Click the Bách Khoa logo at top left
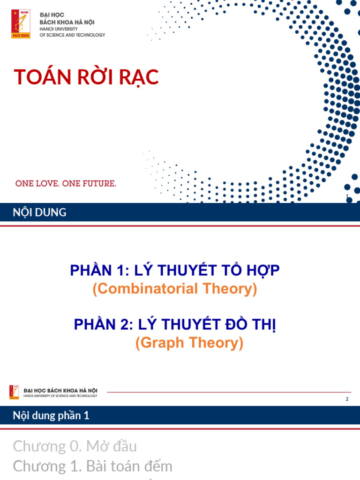click(21, 24)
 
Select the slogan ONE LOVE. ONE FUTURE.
click(66, 184)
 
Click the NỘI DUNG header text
click(39, 213)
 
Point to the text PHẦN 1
click(96, 270)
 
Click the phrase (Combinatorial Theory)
click(175, 289)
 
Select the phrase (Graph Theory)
click(189, 343)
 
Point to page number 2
click(347, 399)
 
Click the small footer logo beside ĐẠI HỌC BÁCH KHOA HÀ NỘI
click(15, 392)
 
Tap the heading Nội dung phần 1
click(51, 415)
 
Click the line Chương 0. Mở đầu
click(75, 446)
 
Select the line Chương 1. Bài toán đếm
click(93, 466)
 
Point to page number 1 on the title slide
click(346, 196)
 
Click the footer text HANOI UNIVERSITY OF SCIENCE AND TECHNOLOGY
click(60, 396)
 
